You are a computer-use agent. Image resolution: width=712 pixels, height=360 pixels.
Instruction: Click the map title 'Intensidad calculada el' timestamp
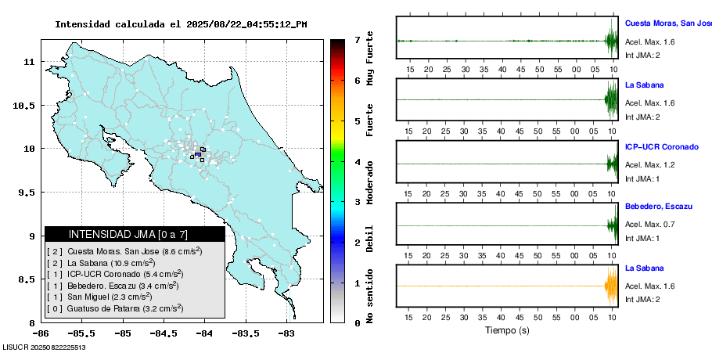(x=181, y=24)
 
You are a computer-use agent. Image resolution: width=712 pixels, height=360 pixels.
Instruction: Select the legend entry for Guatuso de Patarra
(x=115, y=308)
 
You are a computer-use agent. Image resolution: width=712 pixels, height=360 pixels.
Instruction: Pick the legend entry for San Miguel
(x=99, y=297)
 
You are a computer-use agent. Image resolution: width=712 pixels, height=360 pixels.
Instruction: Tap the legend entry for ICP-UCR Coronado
(x=115, y=274)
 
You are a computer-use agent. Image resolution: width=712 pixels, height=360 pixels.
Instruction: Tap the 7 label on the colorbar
(x=358, y=39)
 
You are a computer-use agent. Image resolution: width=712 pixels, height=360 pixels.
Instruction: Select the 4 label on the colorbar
(x=358, y=162)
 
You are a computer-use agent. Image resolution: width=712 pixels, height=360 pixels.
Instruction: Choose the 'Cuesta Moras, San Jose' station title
(x=667, y=23)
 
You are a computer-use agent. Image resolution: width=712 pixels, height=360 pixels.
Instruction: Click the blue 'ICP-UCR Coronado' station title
(x=661, y=146)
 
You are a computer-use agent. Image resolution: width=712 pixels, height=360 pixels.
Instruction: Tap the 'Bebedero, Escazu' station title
(x=659, y=206)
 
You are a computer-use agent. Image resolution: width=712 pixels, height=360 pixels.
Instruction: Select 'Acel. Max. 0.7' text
(x=649, y=225)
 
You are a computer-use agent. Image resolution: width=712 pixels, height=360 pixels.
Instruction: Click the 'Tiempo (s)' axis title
(x=507, y=330)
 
